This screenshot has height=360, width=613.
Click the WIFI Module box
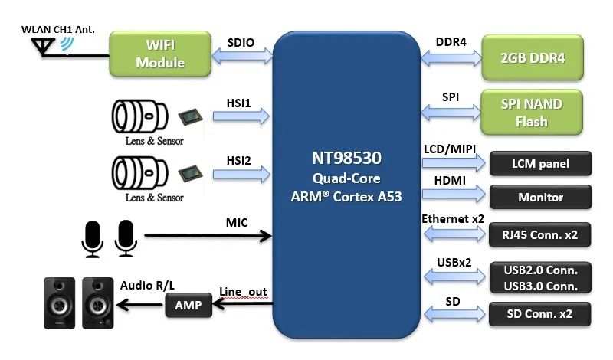pyautogui.click(x=160, y=54)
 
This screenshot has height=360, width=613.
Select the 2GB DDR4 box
pyautogui.click(x=533, y=57)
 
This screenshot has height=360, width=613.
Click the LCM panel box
pyautogui.click(x=541, y=164)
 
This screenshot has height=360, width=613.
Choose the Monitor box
pyautogui.click(x=541, y=197)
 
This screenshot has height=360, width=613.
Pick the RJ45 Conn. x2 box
pyautogui.click(x=541, y=234)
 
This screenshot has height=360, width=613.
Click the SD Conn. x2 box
pyautogui.click(x=541, y=313)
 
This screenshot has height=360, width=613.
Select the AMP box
pyautogui.click(x=188, y=306)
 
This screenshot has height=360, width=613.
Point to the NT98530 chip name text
pyautogui.click(x=346, y=159)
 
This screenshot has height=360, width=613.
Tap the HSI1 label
pyautogui.click(x=239, y=102)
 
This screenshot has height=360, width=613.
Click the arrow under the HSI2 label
pyautogui.click(x=242, y=175)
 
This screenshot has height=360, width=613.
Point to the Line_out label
pyautogui.click(x=243, y=292)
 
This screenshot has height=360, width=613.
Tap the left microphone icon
pyautogui.click(x=92, y=237)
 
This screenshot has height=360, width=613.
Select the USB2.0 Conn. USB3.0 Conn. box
pyautogui.click(x=541, y=277)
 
